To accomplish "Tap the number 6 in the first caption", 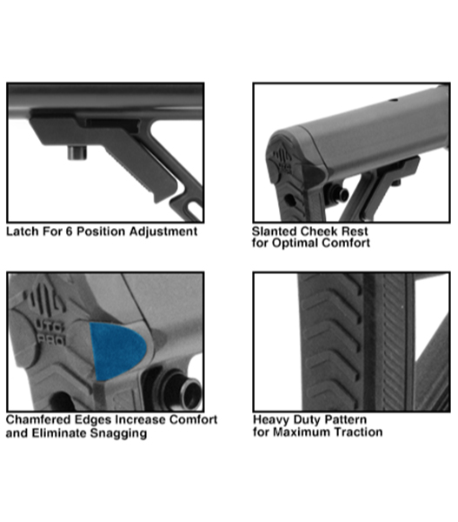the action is pos(69,231).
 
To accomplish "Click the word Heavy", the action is pos(269,419).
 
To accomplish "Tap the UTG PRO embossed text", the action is pos(50,333).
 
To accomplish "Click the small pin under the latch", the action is pos(77,153).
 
